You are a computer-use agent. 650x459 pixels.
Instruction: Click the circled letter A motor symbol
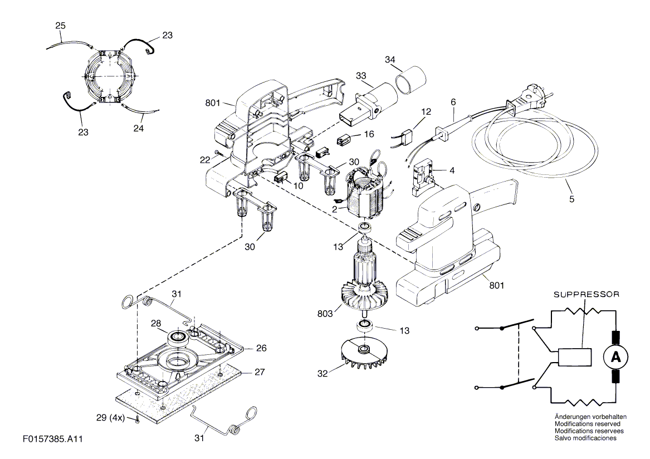click(615, 357)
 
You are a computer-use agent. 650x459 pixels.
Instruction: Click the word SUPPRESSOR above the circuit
click(587, 294)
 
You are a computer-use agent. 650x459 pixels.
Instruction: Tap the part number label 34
click(390, 60)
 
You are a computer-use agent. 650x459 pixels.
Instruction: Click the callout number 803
click(325, 314)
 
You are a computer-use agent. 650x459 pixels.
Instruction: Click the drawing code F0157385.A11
click(53, 439)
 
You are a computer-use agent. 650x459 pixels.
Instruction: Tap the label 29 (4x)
click(110, 418)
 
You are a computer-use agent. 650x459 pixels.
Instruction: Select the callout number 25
click(60, 26)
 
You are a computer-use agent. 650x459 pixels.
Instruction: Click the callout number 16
click(369, 134)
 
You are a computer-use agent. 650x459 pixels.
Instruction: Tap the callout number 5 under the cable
click(571, 199)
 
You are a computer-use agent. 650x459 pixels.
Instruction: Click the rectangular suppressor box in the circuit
click(574, 357)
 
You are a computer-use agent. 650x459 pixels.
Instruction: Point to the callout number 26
click(261, 348)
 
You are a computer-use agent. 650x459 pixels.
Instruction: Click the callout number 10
click(298, 185)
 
